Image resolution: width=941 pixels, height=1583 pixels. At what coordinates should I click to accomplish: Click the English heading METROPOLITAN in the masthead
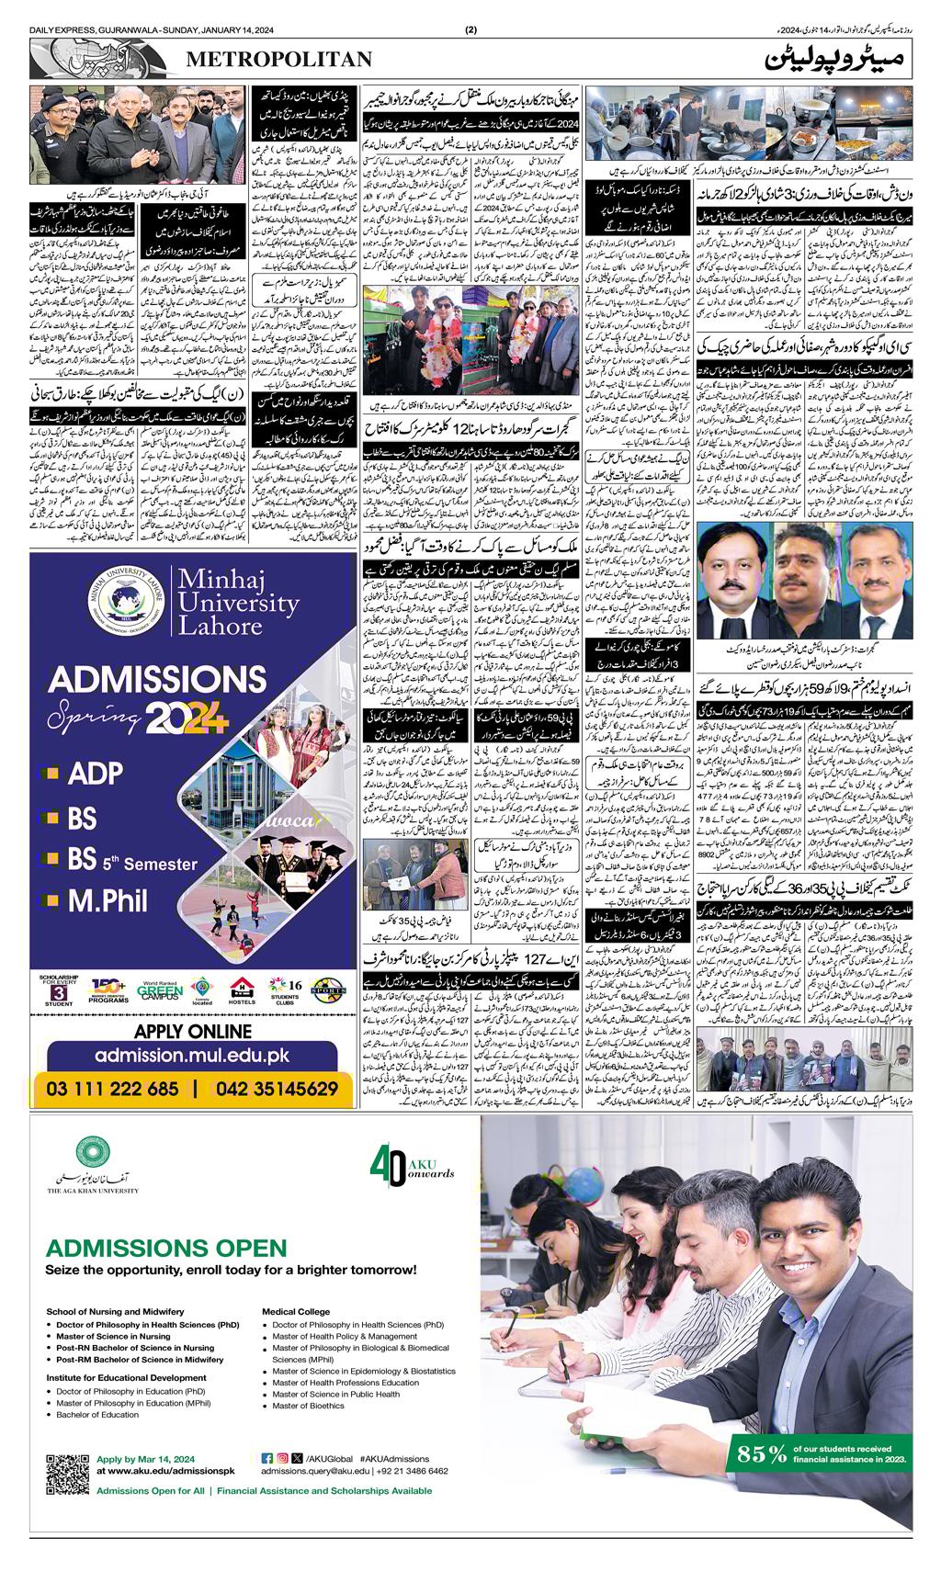coord(278,60)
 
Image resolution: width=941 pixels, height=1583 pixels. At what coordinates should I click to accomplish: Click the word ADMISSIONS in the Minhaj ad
coord(157,680)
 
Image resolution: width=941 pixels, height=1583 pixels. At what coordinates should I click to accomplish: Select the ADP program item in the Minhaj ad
coord(95,774)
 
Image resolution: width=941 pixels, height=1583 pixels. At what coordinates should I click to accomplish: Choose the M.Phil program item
coord(108,900)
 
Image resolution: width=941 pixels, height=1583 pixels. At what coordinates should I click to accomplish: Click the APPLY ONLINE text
coord(193,1032)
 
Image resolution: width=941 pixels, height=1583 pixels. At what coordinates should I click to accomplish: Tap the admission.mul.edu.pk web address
coord(192,1057)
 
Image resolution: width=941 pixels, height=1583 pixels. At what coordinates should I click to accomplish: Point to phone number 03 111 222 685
coord(112,1089)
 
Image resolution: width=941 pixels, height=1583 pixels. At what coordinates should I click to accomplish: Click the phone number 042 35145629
coord(277,1089)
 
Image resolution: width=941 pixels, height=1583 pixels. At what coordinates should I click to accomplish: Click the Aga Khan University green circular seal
coord(93,1152)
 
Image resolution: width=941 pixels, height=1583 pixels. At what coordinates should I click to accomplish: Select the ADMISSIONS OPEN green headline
coord(166,1248)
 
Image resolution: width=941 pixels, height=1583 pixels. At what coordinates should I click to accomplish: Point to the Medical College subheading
coord(296,1311)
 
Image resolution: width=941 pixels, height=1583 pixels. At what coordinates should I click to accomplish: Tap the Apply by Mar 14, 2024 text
coord(145,1459)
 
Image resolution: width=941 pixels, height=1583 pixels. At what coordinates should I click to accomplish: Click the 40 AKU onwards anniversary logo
coord(412,1166)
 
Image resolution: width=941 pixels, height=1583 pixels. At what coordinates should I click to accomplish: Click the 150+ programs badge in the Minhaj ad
coord(108,989)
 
